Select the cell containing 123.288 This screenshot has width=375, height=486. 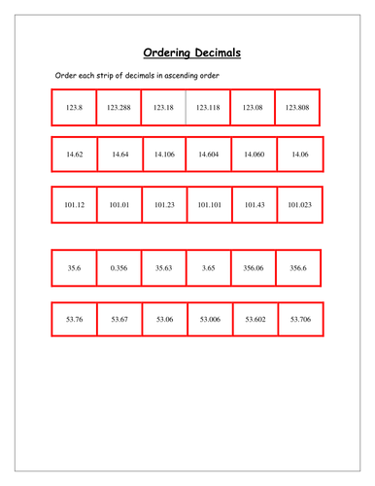118,108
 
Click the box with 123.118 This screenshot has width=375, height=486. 208,108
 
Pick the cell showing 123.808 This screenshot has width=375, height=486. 298,108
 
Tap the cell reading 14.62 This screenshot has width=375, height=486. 74,154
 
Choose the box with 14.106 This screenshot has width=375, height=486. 164,154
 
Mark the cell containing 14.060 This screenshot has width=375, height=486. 255,154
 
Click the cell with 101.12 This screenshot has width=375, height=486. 73,204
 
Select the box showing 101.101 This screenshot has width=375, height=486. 208,204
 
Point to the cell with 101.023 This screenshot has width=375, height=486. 299,204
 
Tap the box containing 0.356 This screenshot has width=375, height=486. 119,267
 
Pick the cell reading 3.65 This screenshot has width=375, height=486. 209,267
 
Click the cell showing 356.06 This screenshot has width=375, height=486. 254,267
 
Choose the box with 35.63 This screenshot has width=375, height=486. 163,267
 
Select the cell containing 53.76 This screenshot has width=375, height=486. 74,318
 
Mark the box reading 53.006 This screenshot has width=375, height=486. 210,318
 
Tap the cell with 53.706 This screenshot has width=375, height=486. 300,318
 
